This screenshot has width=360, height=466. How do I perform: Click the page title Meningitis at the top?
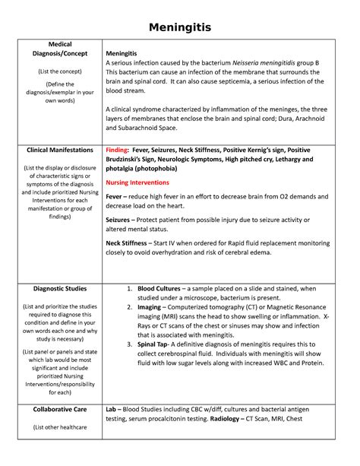click(179, 28)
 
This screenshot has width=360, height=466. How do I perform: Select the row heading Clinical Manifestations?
click(61, 151)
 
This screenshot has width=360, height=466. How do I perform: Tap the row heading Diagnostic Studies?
click(61, 289)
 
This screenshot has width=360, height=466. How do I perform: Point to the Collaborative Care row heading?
click(61, 409)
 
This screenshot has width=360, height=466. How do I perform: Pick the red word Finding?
click(116, 151)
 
